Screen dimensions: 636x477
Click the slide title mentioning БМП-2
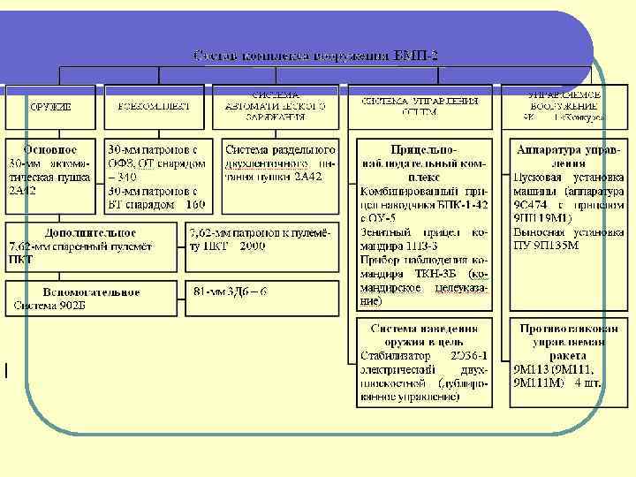pos(315,56)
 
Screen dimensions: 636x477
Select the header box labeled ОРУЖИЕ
pos(50,106)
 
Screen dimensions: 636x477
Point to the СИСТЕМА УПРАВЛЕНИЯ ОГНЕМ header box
pos(420,106)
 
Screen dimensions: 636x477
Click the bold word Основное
pos(49,150)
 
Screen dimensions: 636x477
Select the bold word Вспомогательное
pos(91,292)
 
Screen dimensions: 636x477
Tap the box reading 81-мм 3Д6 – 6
pos(231,291)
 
